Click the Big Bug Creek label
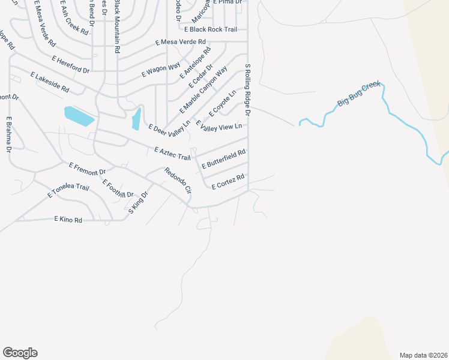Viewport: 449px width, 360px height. click(x=359, y=95)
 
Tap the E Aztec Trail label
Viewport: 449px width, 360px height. click(x=172, y=154)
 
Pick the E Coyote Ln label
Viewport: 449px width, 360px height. click(x=222, y=103)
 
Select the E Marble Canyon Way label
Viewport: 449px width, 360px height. click(x=205, y=91)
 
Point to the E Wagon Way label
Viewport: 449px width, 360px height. click(x=161, y=70)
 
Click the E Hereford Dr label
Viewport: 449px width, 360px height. click(x=70, y=65)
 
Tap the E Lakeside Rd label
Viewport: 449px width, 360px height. click(x=50, y=82)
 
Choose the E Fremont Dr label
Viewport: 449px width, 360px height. click(x=87, y=169)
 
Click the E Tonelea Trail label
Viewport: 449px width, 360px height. click(x=68, y=192)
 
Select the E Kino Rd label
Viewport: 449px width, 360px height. click(x=68, y=220)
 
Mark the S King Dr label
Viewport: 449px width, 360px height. click(x=137, y=201)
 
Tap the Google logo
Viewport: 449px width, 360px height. click(x=20, y=353)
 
